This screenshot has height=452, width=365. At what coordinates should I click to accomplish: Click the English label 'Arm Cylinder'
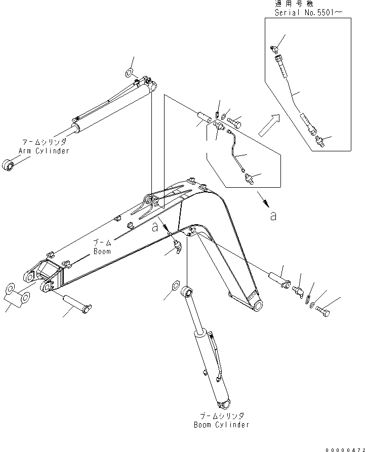click(44, 151)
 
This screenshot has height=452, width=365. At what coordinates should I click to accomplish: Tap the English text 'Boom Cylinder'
click(222, 425)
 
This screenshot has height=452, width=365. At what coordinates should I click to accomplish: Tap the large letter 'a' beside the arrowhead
click(273, 216)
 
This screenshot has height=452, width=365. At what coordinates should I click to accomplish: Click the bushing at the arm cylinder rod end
click(9, 165)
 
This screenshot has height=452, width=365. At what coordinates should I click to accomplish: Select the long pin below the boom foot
click(76, 302)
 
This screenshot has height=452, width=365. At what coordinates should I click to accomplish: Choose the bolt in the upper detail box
click(234, 122)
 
